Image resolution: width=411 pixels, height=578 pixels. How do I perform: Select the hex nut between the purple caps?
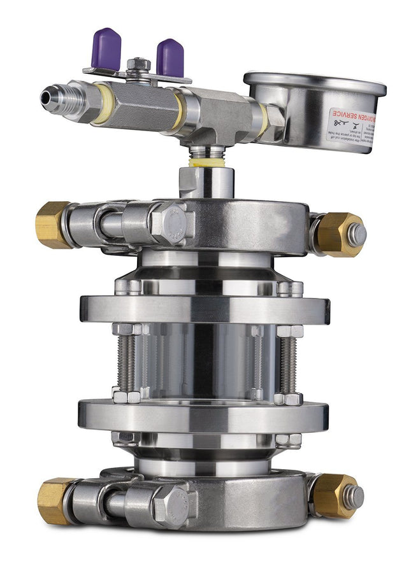click(x=138, y=65)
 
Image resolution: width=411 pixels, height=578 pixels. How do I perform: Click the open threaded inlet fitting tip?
click(x=49, y=97)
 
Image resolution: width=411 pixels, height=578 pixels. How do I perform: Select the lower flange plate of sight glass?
click(x=204, y=416)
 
